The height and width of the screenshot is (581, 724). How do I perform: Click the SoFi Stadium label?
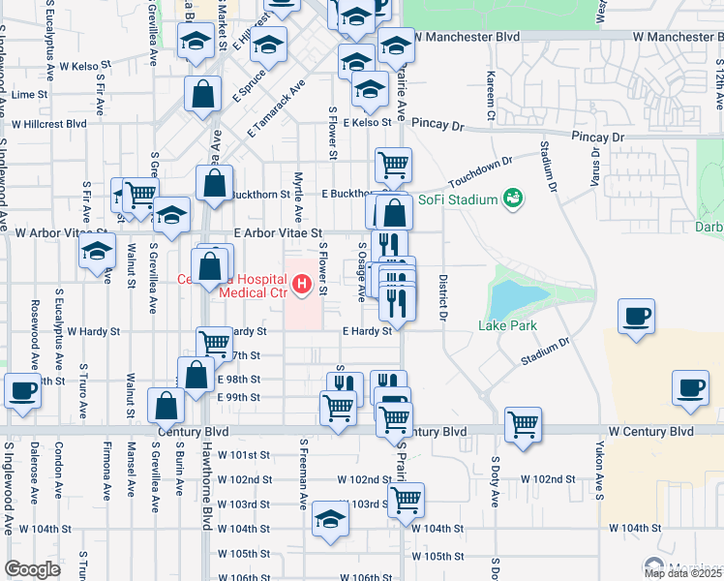(x=458, y=200)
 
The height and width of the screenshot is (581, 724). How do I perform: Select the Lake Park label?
(x=507, y=326)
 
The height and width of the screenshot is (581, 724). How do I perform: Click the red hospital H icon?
(x=301, y=285)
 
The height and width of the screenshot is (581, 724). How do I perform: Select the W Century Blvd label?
(x=651, y=430)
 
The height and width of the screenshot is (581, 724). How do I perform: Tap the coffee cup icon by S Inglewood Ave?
(x=23, y=391)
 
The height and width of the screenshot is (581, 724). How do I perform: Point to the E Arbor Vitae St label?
(x=278, y=233)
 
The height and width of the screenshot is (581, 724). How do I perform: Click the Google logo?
(x=32, y=569)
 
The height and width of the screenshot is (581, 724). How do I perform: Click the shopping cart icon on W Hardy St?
(x=213, y=342)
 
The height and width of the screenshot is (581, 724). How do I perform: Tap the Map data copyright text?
(x=682, y=573)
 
